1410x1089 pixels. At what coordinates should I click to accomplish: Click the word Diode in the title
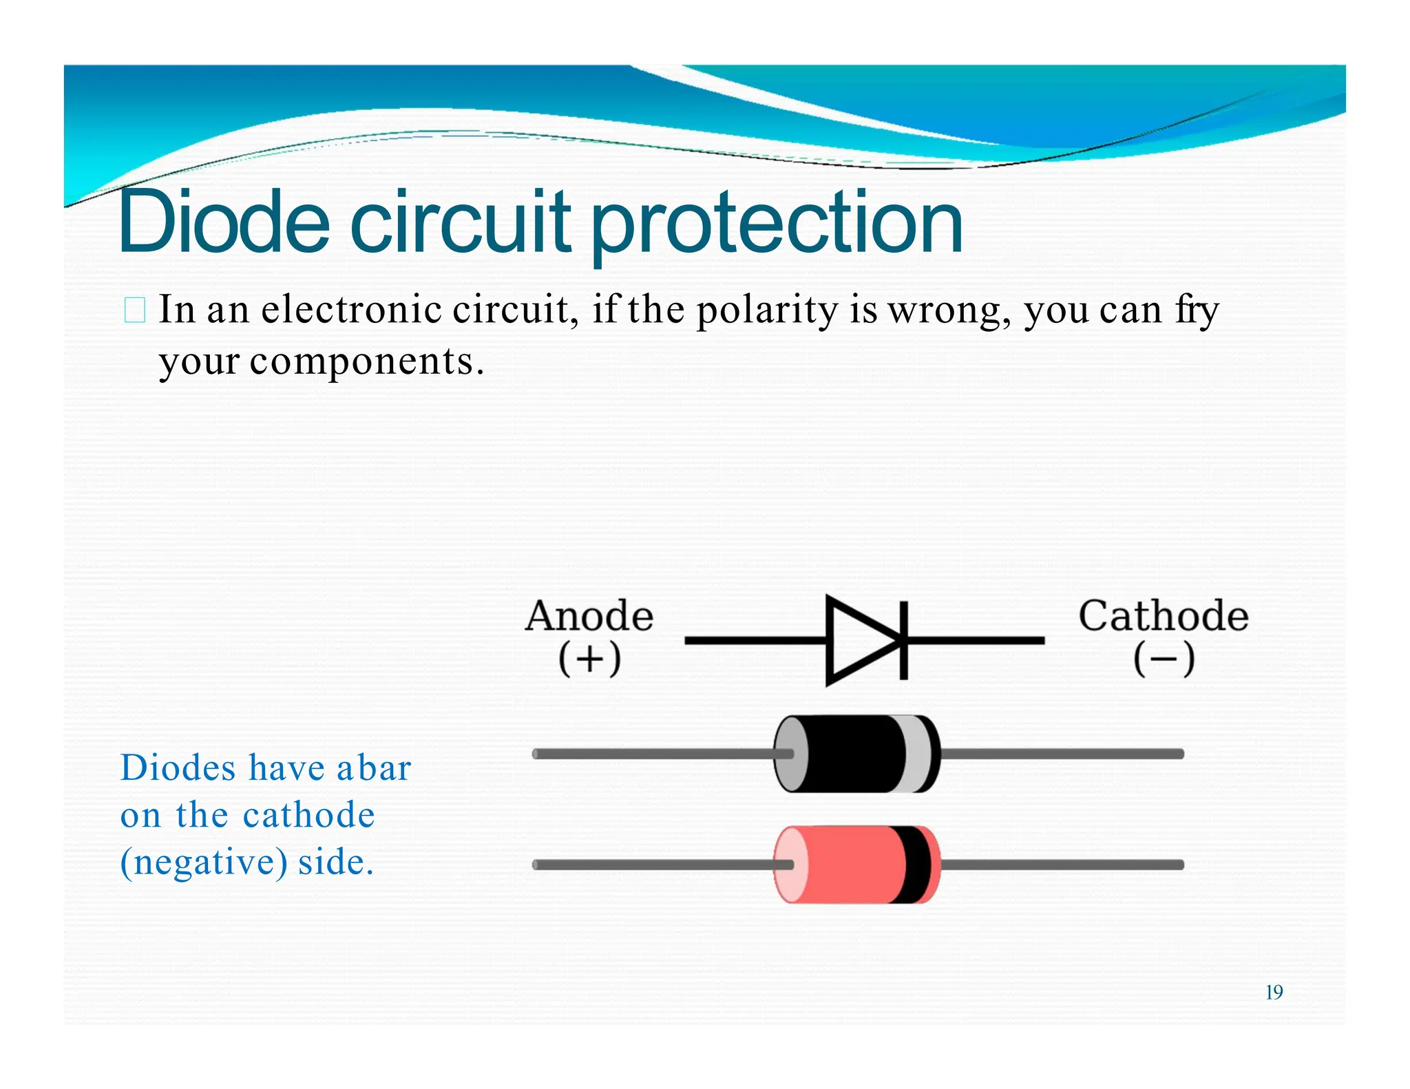tap(224, 222)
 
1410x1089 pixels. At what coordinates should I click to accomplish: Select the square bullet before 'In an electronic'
tap(135, 310)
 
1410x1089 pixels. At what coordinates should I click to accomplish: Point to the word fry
tap(1197, 311)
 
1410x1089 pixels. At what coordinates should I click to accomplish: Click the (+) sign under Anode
tap(589, 659)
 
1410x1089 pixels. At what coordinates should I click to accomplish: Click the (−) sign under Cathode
tap(1164, 659)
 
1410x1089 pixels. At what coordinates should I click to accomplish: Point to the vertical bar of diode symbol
tap(903, 640)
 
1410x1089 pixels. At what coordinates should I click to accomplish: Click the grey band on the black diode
tap(918, 754)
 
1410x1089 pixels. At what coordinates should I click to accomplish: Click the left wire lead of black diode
tap(654, 754)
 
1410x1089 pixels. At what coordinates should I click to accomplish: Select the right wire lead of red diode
tap(1060, 865)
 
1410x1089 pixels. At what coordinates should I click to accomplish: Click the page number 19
tap(1274, 993)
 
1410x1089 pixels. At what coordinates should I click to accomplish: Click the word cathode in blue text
tap(309, 815)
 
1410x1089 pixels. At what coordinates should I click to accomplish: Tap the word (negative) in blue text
tap(204, 863)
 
